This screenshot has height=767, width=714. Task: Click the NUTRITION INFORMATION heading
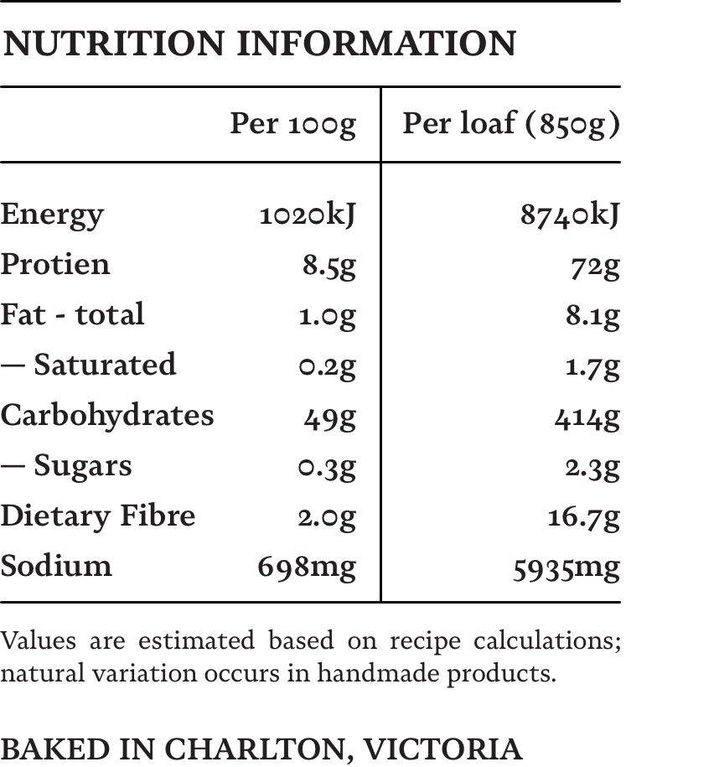point(260,44)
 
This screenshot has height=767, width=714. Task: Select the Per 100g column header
point(292,124)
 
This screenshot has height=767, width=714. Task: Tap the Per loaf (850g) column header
point(511,124)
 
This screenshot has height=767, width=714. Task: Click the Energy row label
point(52,215)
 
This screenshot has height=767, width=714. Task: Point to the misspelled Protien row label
point(55,264)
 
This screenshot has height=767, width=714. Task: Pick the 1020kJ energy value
point(308,215)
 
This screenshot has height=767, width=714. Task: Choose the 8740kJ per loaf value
point(570,215)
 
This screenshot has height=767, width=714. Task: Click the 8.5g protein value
point(329,266)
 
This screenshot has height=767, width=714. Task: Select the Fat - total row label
point(72,314)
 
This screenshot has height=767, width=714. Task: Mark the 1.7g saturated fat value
point(592,365)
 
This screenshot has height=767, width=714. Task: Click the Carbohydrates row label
point(107,415)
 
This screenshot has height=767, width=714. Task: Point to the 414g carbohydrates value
point(587,417)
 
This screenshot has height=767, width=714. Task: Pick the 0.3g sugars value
point(327,467)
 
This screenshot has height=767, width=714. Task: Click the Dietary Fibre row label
point(97,516)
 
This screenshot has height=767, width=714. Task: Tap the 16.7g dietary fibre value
point(584,517)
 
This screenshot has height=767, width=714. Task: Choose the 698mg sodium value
point(307,567)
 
